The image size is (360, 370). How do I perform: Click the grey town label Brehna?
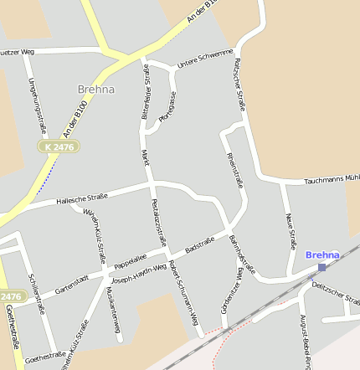pyautogui.click(x=95, y=89)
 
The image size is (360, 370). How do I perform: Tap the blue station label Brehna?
pyautogui.click(x=322, y=254)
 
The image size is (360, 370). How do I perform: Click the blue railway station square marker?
pyautogui.click(x=322, y=267)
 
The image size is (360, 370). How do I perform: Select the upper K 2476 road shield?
pyautogui.click(x=59, y=146)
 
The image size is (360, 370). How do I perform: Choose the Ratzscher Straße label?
pyautogui.click(x=239, y=84)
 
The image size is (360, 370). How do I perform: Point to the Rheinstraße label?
pyautogui.click(x=234, y=171)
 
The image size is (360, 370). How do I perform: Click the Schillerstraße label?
pyautogui.click(x=37, y=294)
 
